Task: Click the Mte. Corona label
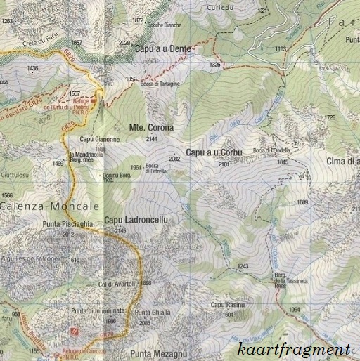(x=150, y=128)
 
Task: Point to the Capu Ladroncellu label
(x=136, y=221)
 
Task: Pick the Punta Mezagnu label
(x=159, y=353)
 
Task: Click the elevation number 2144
(x=150, y=140)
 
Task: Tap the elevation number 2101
(x=224, y=164)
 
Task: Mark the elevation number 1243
(x=243, y=266)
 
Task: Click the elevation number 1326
(x=215, y=65)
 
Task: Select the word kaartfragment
(x=293, y=349)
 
